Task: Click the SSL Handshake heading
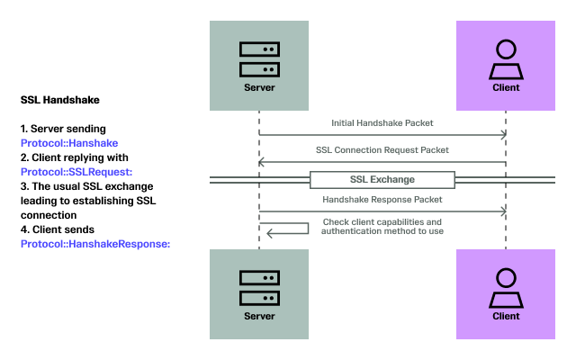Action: point(59,99)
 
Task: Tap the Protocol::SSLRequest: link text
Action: point(76,172)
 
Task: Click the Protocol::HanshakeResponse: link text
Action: point(95,243)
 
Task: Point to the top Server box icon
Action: point(259,59)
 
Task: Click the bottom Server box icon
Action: point(259,287)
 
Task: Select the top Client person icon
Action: point(506,59)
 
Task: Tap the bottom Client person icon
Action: point(506,287)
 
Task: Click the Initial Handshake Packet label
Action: point(382,122)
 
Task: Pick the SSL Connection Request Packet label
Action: point(382,149)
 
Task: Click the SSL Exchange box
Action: point(382,179)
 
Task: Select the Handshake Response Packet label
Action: point(382,199)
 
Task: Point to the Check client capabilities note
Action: point(382,226)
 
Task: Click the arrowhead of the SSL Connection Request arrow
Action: point(264,163)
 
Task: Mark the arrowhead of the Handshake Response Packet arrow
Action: point(502,212)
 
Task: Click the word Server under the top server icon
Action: point(259,88)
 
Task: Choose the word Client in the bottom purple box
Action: point(506,316)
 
